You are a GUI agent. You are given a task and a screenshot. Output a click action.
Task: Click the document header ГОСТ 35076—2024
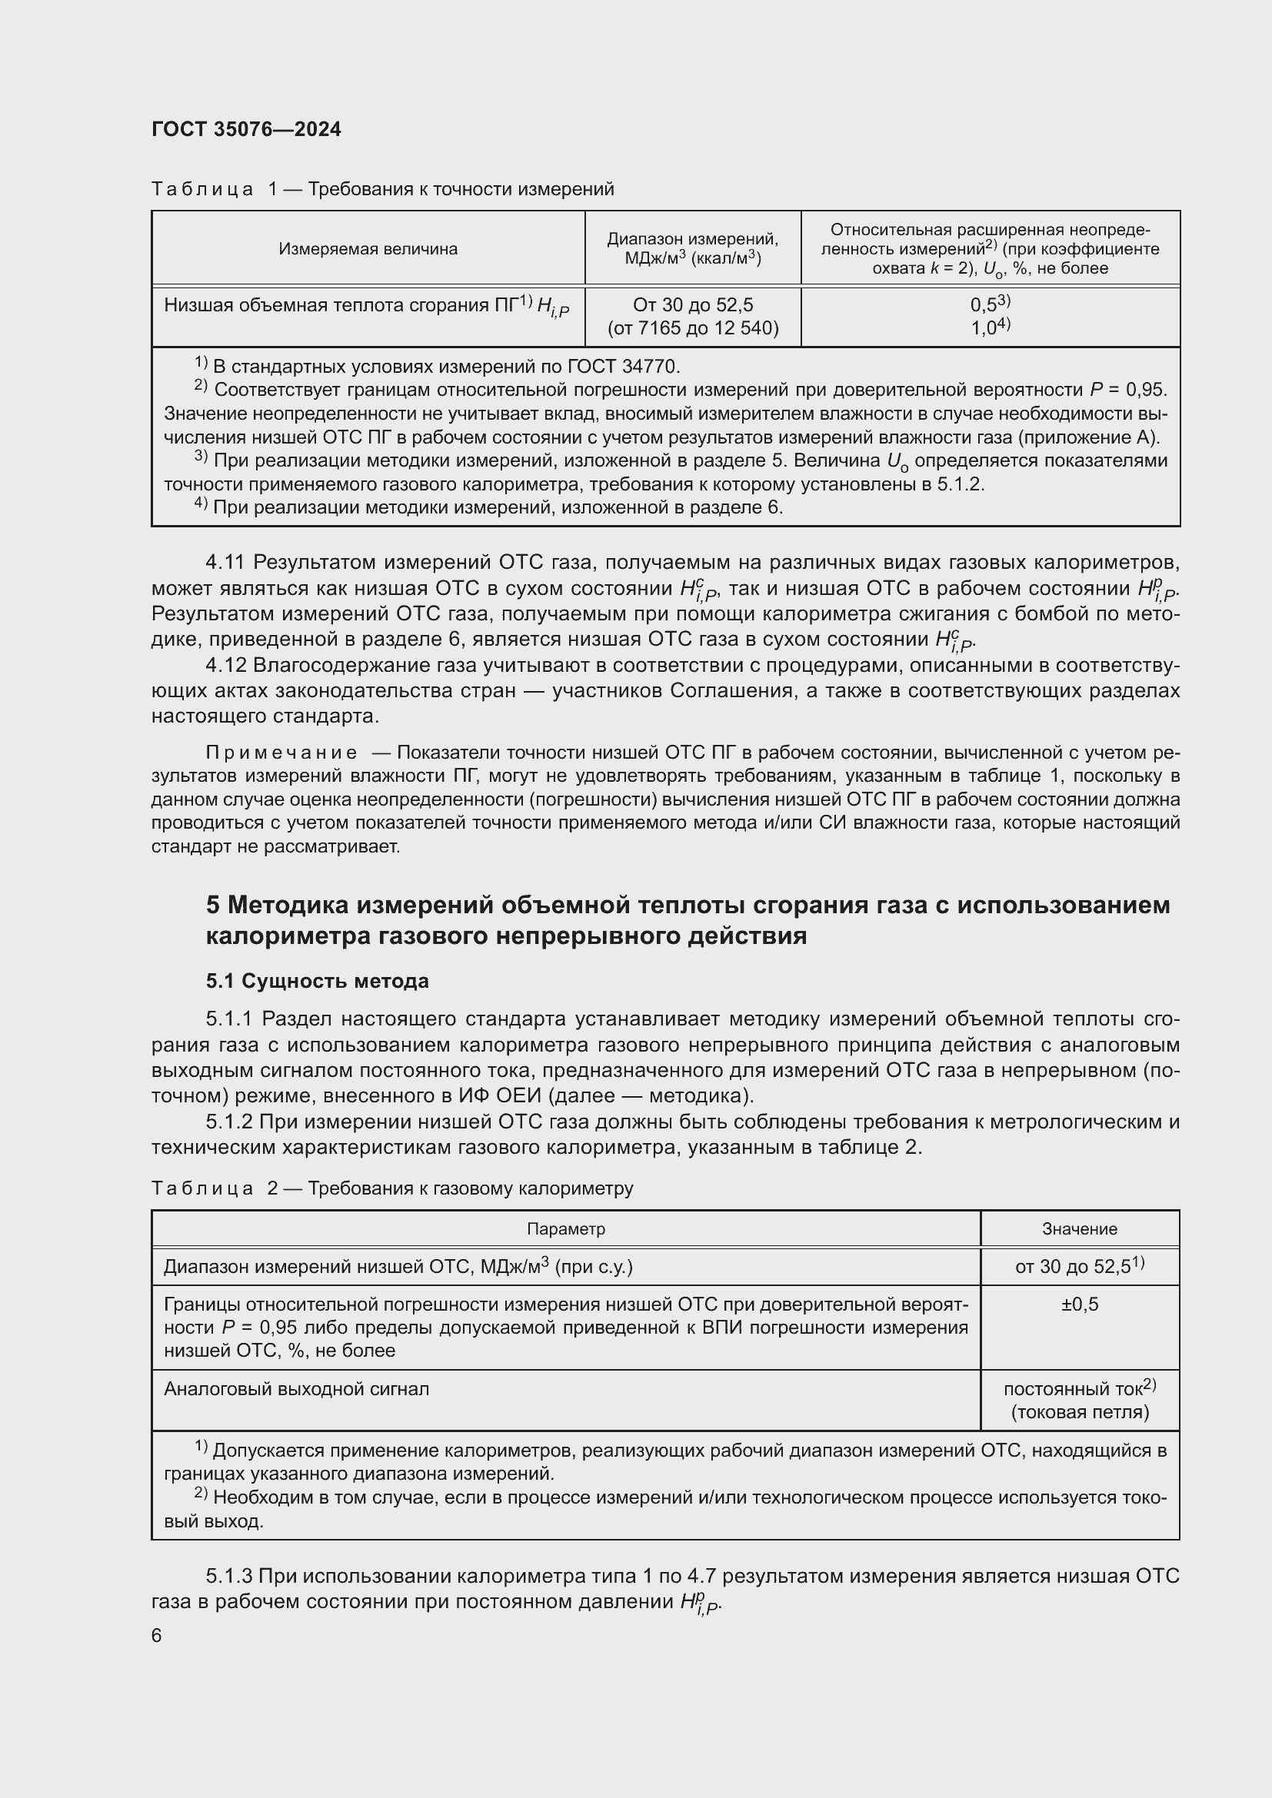[246, 129]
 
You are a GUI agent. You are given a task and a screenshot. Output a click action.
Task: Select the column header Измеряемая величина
[368, 249]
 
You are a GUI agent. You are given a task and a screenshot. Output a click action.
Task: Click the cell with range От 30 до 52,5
[692, 304]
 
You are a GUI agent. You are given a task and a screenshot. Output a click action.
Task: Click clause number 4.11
[225, 561]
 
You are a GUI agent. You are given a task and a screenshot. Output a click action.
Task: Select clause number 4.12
[225, 665]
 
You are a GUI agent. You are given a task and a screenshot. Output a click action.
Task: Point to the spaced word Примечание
[281, 753]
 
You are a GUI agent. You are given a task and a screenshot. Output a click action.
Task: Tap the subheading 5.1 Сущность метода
[317, 981]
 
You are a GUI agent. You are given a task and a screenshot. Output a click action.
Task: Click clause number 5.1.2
[228, 1122]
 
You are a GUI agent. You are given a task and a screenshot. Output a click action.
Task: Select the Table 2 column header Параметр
[565, 1228]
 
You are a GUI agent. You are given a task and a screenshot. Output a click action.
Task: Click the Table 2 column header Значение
[1078, 1229]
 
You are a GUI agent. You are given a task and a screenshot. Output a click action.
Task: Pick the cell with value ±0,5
[1078, 1304]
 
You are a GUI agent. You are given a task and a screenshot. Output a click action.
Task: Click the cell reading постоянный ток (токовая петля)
[1078, 1400]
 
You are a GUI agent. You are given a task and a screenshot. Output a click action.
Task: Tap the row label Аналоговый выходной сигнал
[296, 1389]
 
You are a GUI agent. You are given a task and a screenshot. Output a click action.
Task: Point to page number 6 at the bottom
[157, 1636]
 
